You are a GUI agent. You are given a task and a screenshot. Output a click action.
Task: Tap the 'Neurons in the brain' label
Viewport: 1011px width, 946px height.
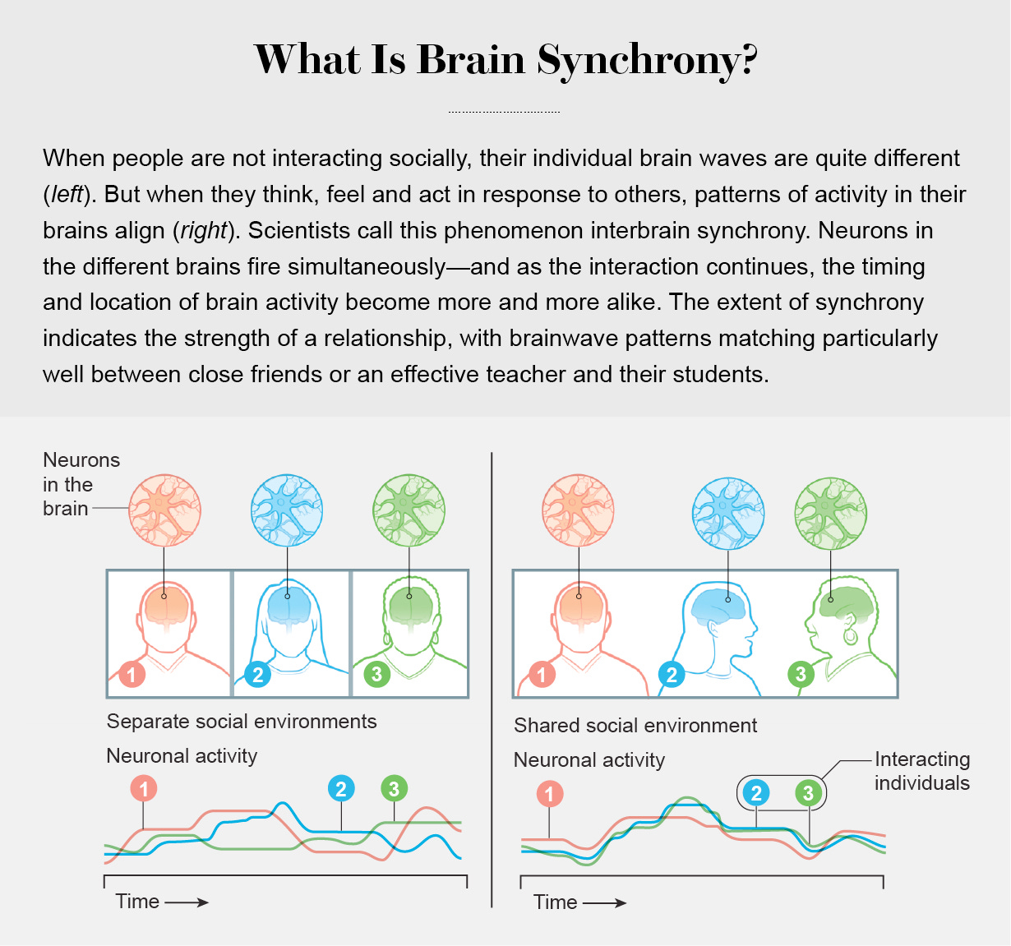pos(81,484)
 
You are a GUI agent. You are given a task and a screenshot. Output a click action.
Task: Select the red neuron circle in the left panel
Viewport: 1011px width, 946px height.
pos(165,510)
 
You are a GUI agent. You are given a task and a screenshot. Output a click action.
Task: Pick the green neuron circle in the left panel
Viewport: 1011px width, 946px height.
pos(409,510)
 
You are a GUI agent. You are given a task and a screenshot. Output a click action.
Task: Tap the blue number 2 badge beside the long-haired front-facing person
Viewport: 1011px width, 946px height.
pos(258,675)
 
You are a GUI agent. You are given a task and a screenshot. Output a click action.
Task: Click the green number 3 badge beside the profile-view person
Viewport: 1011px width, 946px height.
pos(801,675)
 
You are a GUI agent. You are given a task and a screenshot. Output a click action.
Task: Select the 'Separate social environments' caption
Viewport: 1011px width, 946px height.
pos(242,722)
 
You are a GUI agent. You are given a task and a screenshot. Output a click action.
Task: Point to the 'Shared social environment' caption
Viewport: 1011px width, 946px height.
pos(635,726)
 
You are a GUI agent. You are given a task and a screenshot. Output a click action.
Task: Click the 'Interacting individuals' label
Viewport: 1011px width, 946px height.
pos(921,771)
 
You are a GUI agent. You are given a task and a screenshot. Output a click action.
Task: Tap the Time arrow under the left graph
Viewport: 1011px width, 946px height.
pos(187,902)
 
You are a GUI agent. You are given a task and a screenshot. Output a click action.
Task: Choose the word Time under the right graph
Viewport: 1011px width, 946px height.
pos(555,902)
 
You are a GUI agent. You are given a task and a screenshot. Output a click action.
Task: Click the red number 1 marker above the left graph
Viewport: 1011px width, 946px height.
pos(144,789)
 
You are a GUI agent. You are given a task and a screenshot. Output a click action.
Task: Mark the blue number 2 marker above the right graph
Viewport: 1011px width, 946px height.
pos(756,793)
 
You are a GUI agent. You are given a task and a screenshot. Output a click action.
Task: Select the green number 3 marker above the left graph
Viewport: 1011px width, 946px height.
pos(395,789)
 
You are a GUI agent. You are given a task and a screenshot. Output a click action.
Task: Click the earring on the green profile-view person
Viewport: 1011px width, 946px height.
pos(850,635)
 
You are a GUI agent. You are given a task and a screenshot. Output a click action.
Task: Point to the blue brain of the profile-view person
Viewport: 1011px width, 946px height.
pos(718,604)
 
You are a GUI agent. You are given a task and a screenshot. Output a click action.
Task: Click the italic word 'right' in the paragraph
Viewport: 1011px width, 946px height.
pos(203,230)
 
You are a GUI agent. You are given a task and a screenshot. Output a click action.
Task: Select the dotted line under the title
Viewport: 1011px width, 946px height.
pos(504,112)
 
